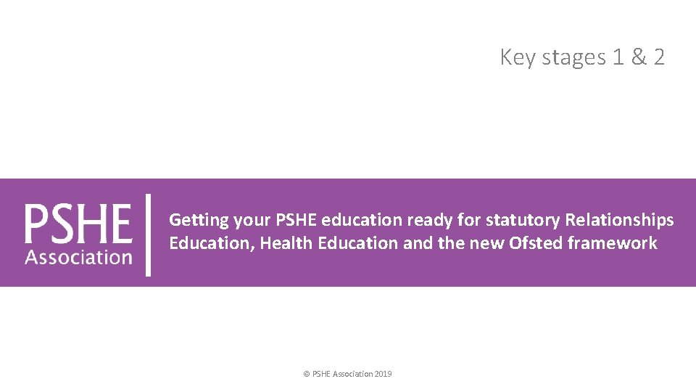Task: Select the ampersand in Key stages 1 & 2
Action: point(639,57)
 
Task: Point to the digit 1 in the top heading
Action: point(618,57)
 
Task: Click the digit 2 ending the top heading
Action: point(658,57)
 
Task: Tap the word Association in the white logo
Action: point(78,256)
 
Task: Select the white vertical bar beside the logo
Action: point(149,234)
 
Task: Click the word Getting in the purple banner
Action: point(199,220)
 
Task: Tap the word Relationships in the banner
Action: point(620,219)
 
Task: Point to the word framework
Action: point(613,243)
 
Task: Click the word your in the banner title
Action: point(251,220)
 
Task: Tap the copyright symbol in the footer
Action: point(307,374)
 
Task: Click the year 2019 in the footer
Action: point(384,374)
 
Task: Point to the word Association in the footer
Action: point(353,374)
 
